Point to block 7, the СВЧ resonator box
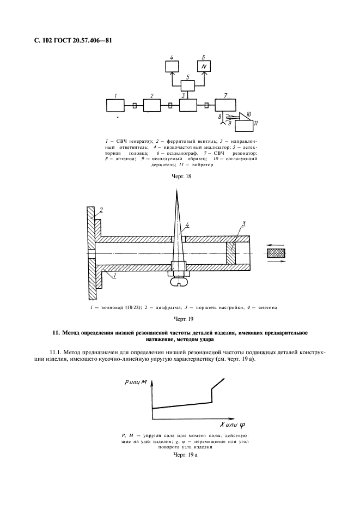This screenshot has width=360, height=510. [x=225, y=104]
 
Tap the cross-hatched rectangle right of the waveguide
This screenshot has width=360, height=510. [x=278, y=253]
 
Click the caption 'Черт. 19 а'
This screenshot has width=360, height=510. [x=184, y=454]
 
